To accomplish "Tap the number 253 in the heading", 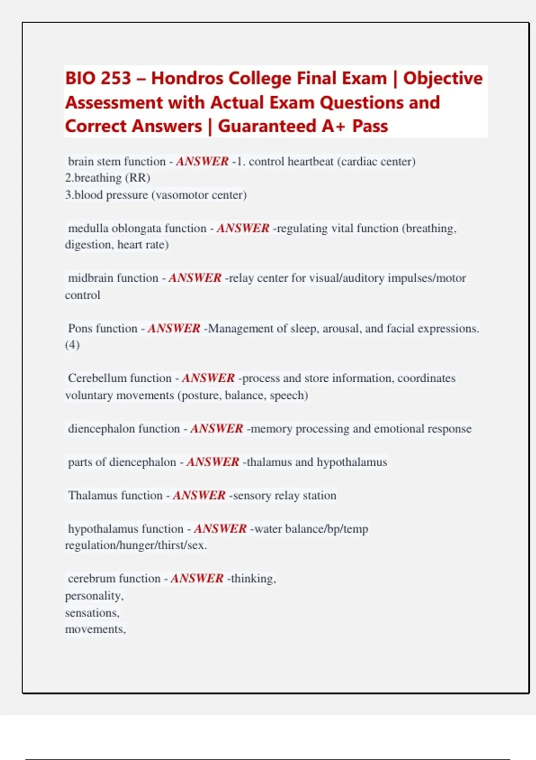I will pos(115,78).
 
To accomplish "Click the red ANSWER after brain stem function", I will pos(202,161).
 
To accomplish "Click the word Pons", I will pos(80,329).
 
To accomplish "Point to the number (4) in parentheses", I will pos(72,345).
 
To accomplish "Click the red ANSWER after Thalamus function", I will pos(199,495).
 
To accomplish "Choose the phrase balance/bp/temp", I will pos(327,529).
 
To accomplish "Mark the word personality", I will pos(94,596).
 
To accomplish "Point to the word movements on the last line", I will pos(95,629).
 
